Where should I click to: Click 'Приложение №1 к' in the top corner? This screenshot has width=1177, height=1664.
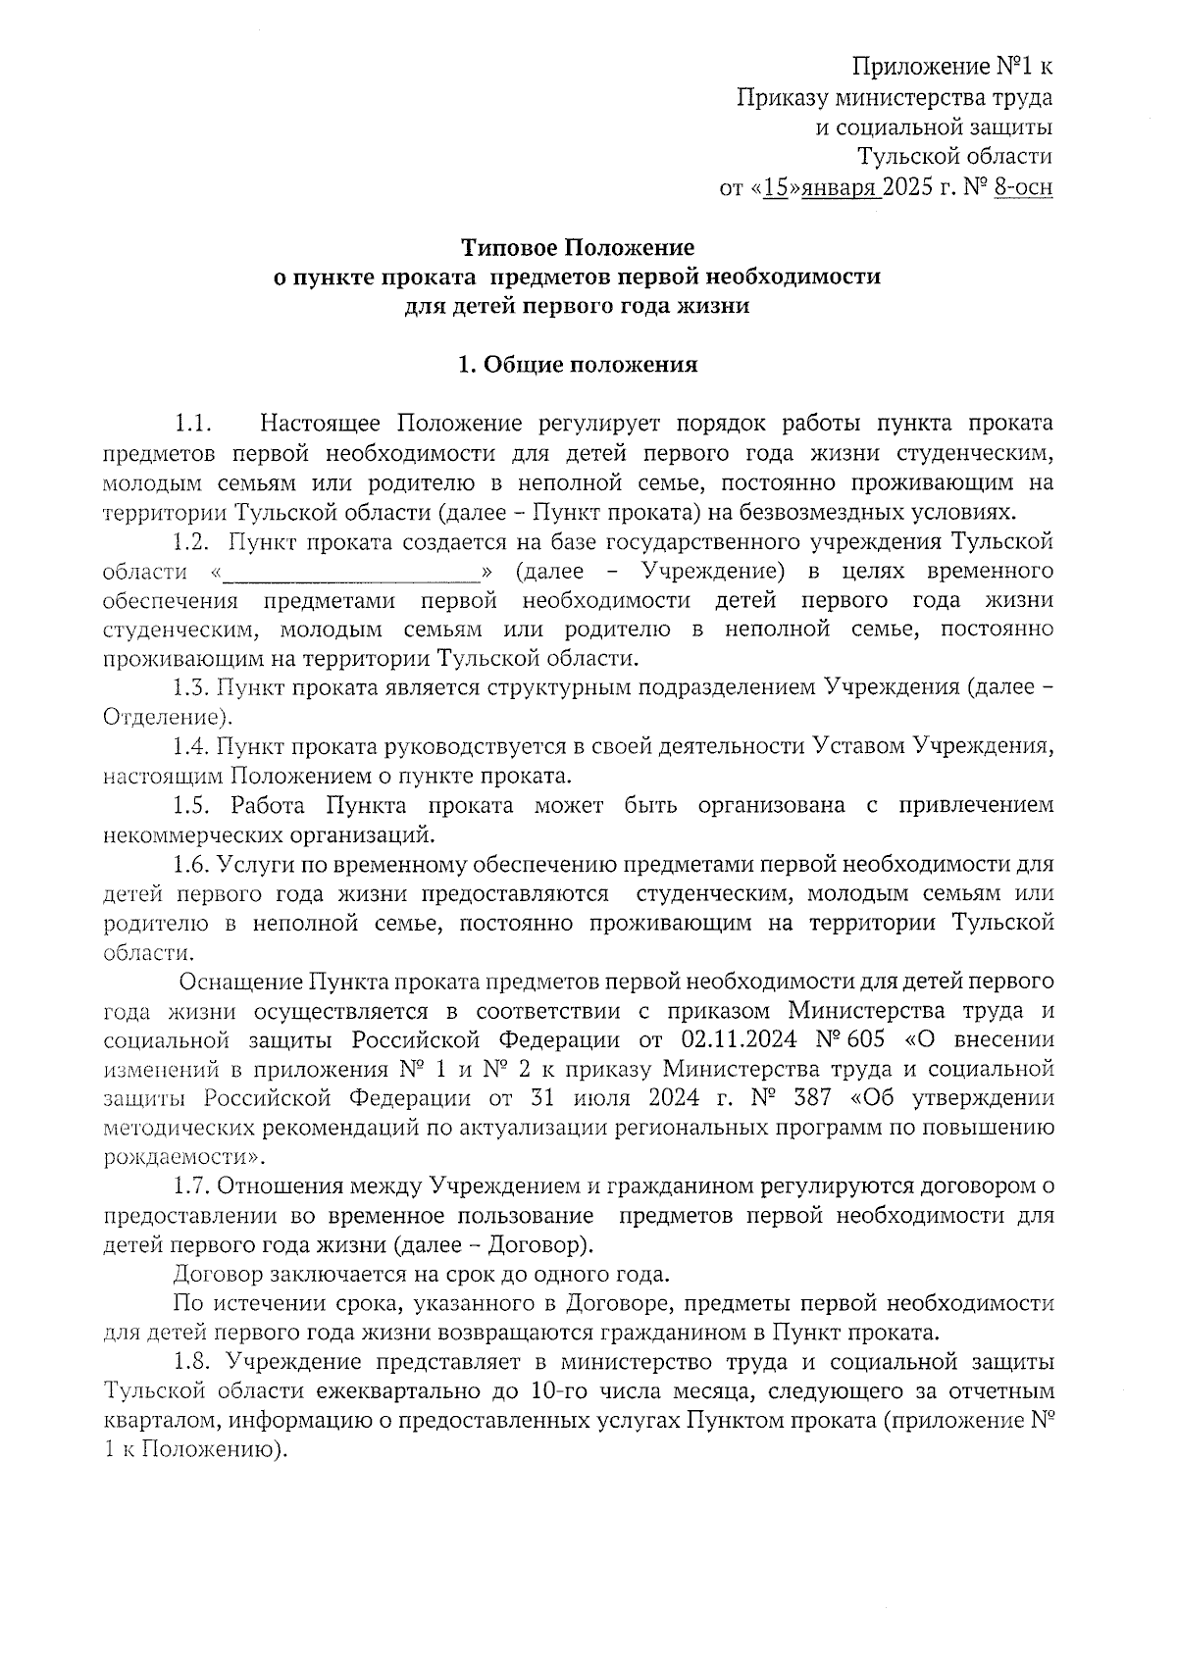pyautogui.click(x=951, y=68)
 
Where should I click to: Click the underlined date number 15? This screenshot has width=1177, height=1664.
pyautogui.click(x=775, y=186)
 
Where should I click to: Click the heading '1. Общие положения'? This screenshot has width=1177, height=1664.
pyautogui.click(x=578, y=366)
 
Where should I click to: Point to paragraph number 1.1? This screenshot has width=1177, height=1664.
pyautogui.click(x=193, y=425)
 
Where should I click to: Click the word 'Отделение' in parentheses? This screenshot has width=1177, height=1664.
pyautogui.click(x=163, y=717)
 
